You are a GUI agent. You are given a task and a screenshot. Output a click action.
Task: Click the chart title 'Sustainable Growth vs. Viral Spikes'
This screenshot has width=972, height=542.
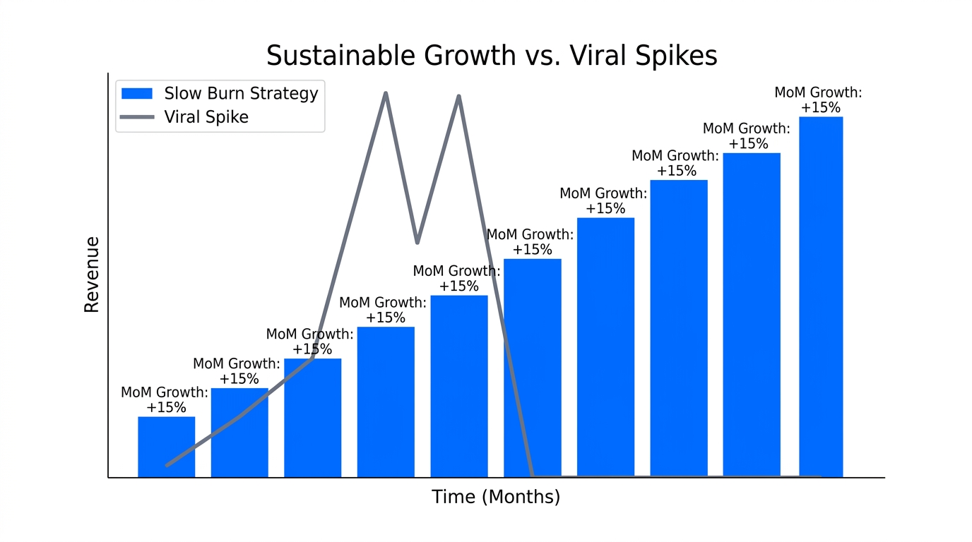pyautogui.click(x=492, y=55)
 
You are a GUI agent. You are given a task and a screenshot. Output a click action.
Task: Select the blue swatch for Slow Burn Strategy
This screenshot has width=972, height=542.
pyautogui.click(x=137, y=93)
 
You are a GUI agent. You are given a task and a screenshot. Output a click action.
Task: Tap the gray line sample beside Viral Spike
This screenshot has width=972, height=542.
pyautogui.click(x=137, y=116)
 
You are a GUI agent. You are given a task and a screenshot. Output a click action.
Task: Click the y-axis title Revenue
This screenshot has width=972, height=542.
pyautogui.click(x=92, y=275)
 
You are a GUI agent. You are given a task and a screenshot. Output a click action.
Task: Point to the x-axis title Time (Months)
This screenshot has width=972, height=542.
pyautogui.click(x=496, y=497)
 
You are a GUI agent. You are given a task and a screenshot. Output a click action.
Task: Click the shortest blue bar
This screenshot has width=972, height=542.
pyautogui.click(x=166, y=447)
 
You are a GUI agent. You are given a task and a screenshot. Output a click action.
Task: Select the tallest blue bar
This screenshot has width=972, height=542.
pyautogui.click(x=821, y=296)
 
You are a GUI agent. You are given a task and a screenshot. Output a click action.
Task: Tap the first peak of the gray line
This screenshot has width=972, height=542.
pyautogui.click(x=386, y=93)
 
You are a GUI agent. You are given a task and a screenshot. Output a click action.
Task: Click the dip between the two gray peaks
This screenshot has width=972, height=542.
pyautogui.click(x=417, y=242)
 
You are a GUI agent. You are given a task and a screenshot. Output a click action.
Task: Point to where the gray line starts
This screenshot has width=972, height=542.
pyautogui.click(x=167, y=465)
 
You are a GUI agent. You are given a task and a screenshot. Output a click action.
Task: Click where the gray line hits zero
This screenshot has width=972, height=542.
pyautogui.click(x=533, y=476)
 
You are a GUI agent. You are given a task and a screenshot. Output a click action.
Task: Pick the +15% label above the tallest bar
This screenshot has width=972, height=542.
pyautogui.click(x=821, y=108)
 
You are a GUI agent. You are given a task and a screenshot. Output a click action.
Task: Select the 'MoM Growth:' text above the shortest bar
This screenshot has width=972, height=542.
pyautogui.click(x=165, y=392)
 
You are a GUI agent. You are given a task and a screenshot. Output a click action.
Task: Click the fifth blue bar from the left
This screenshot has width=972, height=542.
pyautogui.click(x=459, y=386)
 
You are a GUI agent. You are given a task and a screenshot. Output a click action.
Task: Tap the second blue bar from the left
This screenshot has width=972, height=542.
pyautogui.click(x=239, y=433)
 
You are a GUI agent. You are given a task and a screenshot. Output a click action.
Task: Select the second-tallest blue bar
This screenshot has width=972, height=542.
pyautogui.click(x=752, y=314)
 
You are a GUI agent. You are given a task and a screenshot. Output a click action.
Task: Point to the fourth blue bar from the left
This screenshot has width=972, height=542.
pyautogui.click(x=386, y=402)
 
